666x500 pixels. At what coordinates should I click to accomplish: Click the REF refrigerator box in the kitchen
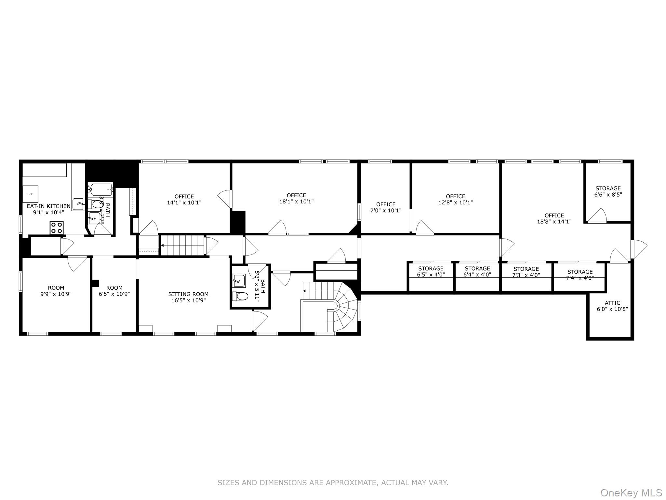(30, 194)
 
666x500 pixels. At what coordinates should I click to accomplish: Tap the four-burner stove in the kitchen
(57, 227)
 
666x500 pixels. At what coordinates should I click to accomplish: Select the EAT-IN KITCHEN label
(48, 206)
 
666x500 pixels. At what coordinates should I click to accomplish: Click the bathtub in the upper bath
(101, 188)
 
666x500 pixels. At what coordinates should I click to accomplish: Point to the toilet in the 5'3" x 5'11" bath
(240, 296)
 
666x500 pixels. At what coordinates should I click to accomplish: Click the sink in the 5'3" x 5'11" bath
(239, 281)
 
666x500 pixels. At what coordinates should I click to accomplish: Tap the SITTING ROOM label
(188, 294)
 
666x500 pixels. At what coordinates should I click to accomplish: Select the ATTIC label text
(612, 303)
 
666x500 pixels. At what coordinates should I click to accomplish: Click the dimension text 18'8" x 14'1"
(554, 221)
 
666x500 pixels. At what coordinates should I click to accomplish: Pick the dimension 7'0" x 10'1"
(386, 210)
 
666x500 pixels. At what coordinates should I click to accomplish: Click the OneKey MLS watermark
(631, 493)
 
